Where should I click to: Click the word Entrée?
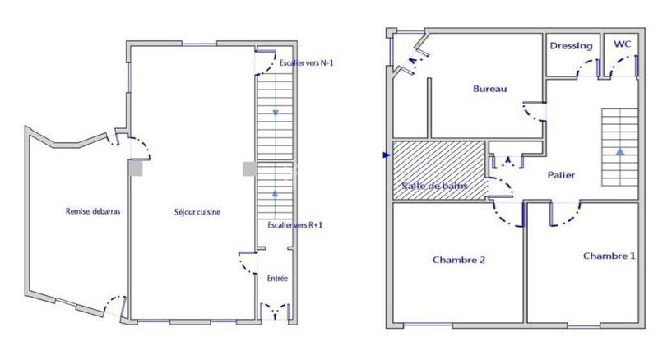pos(277,279)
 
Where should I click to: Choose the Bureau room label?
pos(489,89)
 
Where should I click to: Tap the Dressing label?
pos(571,46)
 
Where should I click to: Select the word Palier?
pos(561,175)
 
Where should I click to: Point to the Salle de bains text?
pos(435,187)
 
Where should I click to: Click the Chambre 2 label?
pos(458,260)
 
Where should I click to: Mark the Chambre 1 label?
pos(609,256)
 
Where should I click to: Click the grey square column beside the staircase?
pos(248,168)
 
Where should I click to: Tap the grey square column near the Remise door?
pos(136,168)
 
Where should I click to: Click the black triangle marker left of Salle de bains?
pos(386,154)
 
